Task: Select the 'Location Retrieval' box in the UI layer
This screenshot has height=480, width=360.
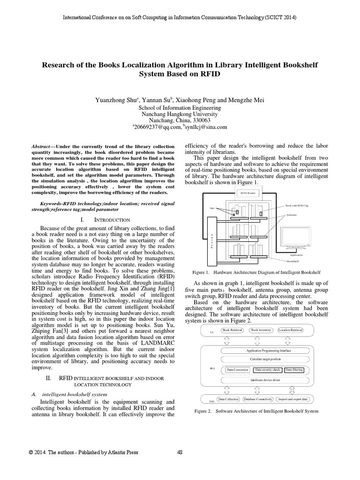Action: [291, 330]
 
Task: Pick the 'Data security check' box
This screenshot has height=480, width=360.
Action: [267, 370]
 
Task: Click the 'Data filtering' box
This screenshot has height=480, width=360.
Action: [294, 370]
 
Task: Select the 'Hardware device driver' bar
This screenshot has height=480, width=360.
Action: [265, 380]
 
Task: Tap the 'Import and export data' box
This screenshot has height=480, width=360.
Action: [292, 399]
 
